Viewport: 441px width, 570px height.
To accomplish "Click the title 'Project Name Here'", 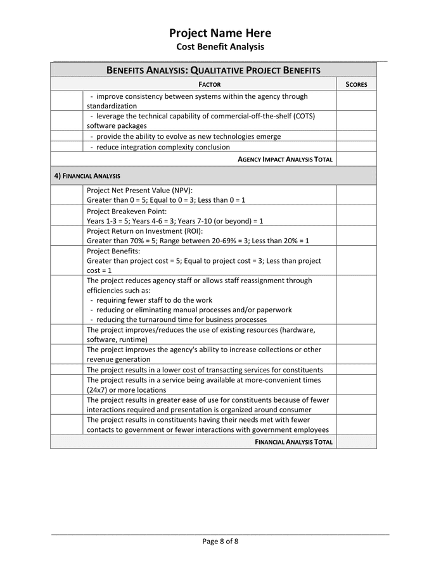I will (220, 33).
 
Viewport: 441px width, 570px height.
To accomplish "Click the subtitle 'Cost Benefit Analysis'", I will (220, 47).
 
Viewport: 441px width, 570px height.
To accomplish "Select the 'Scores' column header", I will (356, 84).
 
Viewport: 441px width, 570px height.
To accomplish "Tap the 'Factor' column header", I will (210, 84).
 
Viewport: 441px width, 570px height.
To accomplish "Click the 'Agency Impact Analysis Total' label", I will (285, 159).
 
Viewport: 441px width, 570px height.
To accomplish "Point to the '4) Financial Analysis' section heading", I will (87, 175).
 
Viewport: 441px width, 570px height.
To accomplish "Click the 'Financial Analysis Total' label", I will (294, 442).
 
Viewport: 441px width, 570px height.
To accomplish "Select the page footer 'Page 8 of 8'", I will (220, 541).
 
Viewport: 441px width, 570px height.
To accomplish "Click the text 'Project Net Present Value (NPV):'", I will (139, 190).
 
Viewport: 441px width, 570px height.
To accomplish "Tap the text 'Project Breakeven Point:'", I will (127, 211).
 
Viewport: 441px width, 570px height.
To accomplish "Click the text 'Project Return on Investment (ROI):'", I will (144, 231).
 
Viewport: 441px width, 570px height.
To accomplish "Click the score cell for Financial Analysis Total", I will (356, 442).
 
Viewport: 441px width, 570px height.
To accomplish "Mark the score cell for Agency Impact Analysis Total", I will (356, 159).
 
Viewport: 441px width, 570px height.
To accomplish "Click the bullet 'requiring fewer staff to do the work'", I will (155, 300).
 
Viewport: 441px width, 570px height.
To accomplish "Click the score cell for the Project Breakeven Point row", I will (356, 215).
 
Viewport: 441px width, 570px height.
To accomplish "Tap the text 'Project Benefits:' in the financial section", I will (113, 251).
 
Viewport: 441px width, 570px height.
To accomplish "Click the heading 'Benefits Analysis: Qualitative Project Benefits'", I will (213, 70).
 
